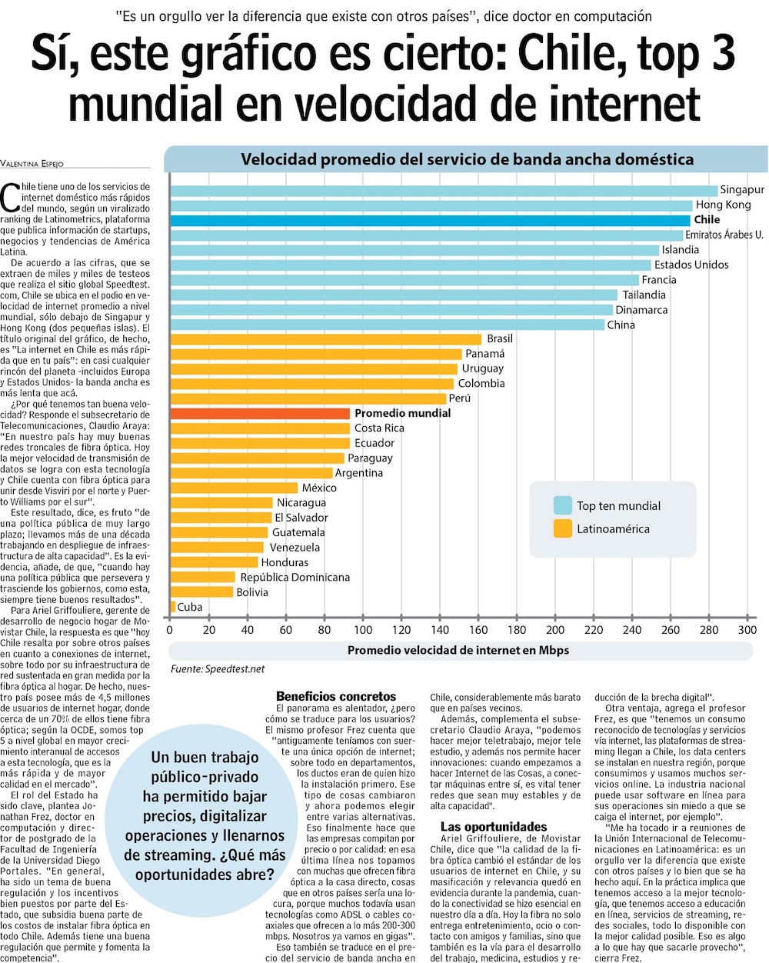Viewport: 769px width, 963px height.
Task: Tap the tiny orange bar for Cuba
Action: coord(173,607)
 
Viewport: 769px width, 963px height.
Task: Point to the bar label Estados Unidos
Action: coord(691,265)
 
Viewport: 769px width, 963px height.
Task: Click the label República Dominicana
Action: coord(295,577)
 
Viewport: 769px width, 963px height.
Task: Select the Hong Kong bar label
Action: coord(723,205)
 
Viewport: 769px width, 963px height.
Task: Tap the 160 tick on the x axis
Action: coord(478,630)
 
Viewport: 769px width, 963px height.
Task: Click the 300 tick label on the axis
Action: coord(747,630)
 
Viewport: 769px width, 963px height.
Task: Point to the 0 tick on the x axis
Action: coord(170,630)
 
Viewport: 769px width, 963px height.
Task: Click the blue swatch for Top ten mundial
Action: coord(563,505)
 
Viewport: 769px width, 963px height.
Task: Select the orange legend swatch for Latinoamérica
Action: coord(563,528)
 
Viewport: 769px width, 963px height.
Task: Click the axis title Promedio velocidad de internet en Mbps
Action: coord(458,650)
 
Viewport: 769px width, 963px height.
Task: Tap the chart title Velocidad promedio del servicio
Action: coord(467,159)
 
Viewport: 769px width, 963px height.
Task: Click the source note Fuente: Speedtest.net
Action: coord(218,669)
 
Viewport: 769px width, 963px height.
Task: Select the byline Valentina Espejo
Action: coord(32,163)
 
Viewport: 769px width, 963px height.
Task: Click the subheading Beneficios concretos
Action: coord(336,696)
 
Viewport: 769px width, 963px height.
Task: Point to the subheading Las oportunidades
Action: coord(494,827)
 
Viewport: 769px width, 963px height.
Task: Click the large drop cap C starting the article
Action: coord(10,198)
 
